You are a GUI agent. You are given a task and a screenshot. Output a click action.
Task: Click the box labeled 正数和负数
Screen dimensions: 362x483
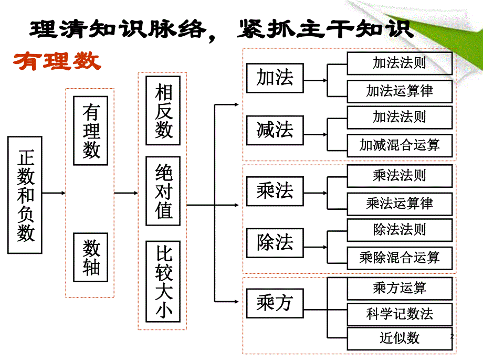click(x=25, y=195)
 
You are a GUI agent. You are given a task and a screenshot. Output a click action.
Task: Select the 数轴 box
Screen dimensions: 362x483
click(x=91, y=257)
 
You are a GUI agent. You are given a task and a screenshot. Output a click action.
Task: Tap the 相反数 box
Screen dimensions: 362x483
click(x=163, y=111)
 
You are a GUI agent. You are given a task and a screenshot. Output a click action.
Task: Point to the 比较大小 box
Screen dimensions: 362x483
click(x=163, y=281)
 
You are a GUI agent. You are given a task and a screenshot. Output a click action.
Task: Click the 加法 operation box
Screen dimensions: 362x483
click(x=275, y=78)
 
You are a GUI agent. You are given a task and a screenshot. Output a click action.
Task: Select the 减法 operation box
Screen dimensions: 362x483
click(x=275, y=130)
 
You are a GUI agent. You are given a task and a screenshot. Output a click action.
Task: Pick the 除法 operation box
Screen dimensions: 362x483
click(x=275, y=242)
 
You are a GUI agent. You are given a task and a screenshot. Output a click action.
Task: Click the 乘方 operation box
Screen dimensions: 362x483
click(x=275, y=303)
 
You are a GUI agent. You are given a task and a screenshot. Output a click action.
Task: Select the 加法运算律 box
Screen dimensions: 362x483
click(x=399, y=91)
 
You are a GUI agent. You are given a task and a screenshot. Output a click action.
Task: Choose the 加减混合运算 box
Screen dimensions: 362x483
click(x=399, y=145)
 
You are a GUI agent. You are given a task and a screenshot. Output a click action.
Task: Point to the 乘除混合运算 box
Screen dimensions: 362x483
click(x=399, y=258)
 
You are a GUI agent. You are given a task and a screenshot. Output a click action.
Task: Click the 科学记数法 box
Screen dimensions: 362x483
click(x=399, y=314)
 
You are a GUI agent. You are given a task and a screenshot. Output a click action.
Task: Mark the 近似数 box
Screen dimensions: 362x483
click(x=399, y=338)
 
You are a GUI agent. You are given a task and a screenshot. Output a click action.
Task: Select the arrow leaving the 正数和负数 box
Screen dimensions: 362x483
click(x=54, y=193)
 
